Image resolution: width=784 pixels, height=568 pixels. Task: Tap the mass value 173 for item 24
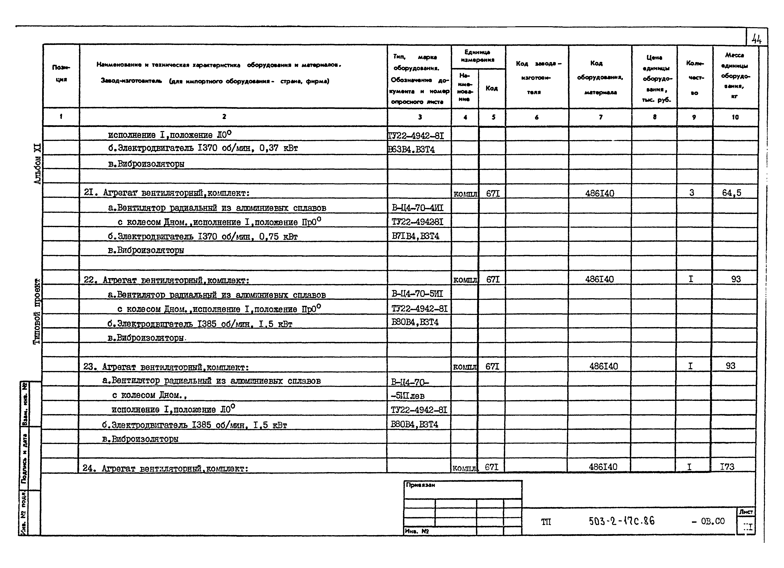[727, 467]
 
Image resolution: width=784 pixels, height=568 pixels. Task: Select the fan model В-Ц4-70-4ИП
[417, 208]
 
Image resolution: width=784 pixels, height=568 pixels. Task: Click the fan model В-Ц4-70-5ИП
[417, 294]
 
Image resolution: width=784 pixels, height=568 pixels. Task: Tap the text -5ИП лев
[408, 396]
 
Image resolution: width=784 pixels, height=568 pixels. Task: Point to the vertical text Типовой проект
[37, 311]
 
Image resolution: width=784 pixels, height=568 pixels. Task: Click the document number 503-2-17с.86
[622, 521]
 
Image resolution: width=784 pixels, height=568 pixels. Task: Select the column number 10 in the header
[735, 117]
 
